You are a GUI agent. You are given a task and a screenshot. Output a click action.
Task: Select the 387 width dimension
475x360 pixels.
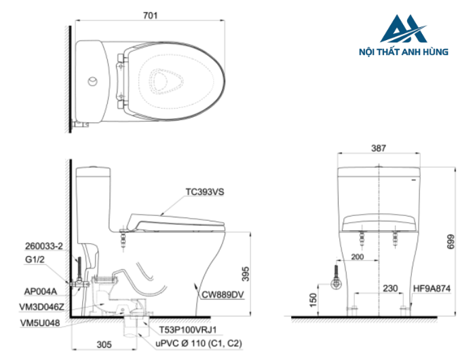378,147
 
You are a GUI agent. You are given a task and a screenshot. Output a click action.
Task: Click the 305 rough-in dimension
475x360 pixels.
104,344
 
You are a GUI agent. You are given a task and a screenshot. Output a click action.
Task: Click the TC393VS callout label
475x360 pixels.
204,192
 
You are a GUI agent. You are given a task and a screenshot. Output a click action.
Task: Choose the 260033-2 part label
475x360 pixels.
43,246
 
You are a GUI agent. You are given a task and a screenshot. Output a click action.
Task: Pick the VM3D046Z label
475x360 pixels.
43,306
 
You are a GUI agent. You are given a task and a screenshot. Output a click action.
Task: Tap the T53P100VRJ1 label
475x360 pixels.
188,329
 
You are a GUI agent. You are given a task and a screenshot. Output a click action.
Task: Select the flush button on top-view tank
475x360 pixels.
93,82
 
